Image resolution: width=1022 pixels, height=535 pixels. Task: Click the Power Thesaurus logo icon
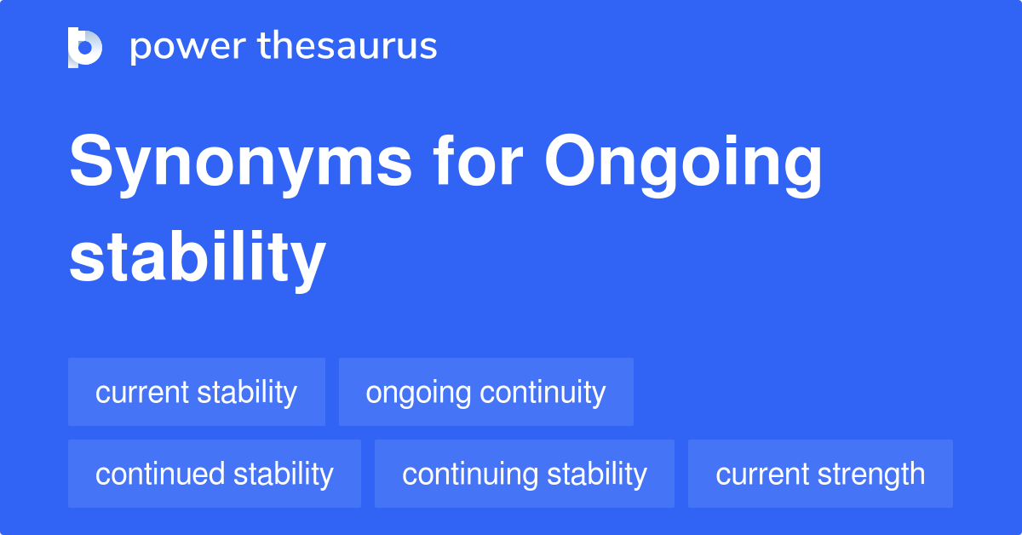click(x=85, y=47)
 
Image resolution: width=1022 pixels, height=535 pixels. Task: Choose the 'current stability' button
click(x=197, y=392)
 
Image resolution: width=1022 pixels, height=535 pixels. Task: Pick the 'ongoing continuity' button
click(x=485, y=392)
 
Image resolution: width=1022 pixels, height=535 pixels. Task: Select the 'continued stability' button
click(x=214, y=474)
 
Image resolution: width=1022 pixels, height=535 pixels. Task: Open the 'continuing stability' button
click(x=524, y=474)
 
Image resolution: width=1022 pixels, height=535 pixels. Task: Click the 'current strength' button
click(x=820, y=474)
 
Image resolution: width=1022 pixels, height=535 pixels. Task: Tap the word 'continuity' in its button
click(x=543, y=392)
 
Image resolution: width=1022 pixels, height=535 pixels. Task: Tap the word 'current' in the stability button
click(x=141, y=392)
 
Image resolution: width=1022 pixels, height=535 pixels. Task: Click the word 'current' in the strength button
click(x=761, y=474)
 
